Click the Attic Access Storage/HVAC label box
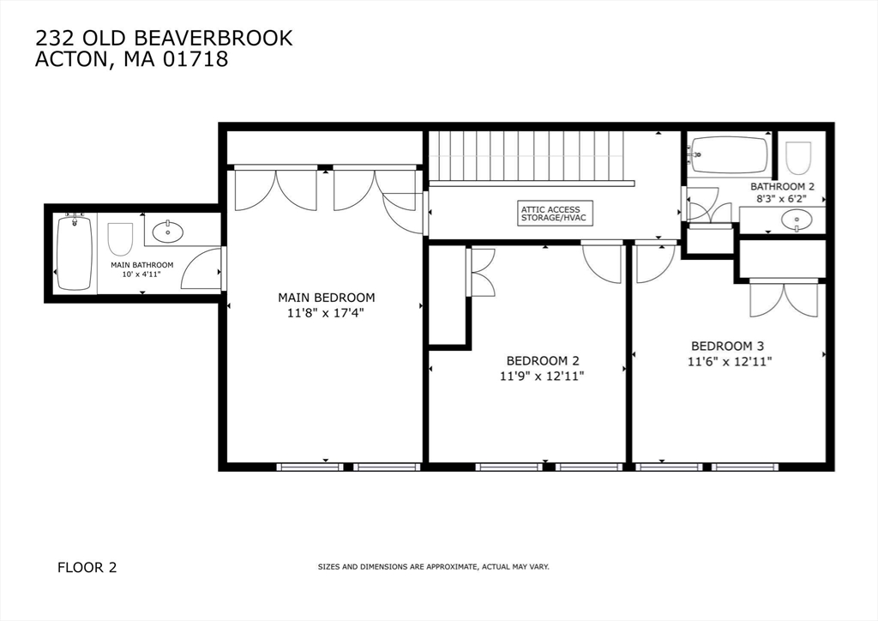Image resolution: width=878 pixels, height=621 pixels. pyautogui.click(x=550, y=214)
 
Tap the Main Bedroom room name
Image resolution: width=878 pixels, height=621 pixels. pyautogui.click(x=326, y=298)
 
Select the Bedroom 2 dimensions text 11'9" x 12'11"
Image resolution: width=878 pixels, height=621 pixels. pyautogui.click(x=549, y=376)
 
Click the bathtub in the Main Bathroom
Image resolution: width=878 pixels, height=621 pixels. pyautogui.click(x=74, y=253)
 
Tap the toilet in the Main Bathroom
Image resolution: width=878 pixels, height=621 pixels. pyautogui.click(x=120, y=239)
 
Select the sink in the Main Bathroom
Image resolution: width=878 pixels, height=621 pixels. pyautogui.click(x=167, y=230)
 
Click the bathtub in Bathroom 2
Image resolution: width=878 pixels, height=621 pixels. pyautogui.click(x=729, y=154)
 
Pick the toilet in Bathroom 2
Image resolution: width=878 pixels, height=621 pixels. pyautogui.click(x=798, y=158)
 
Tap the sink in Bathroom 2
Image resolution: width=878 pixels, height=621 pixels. pyautogui.click(x=797, y=220)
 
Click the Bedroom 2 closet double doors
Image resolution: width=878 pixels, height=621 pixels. pyautogui.click(x=481, y=273)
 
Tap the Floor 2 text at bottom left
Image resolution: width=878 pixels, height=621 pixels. pyautogui.click(x=87, y=567)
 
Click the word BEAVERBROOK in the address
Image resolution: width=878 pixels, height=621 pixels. pyautogui.click(x=226, y=38)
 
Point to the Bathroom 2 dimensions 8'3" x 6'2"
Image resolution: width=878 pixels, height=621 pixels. pyautogui.click(x=782, y=198)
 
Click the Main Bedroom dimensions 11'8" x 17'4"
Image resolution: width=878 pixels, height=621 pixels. pyautogui.click(x=326, y=313)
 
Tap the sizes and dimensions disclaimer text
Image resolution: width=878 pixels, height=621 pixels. pyautogui.click(x=433, y=567)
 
